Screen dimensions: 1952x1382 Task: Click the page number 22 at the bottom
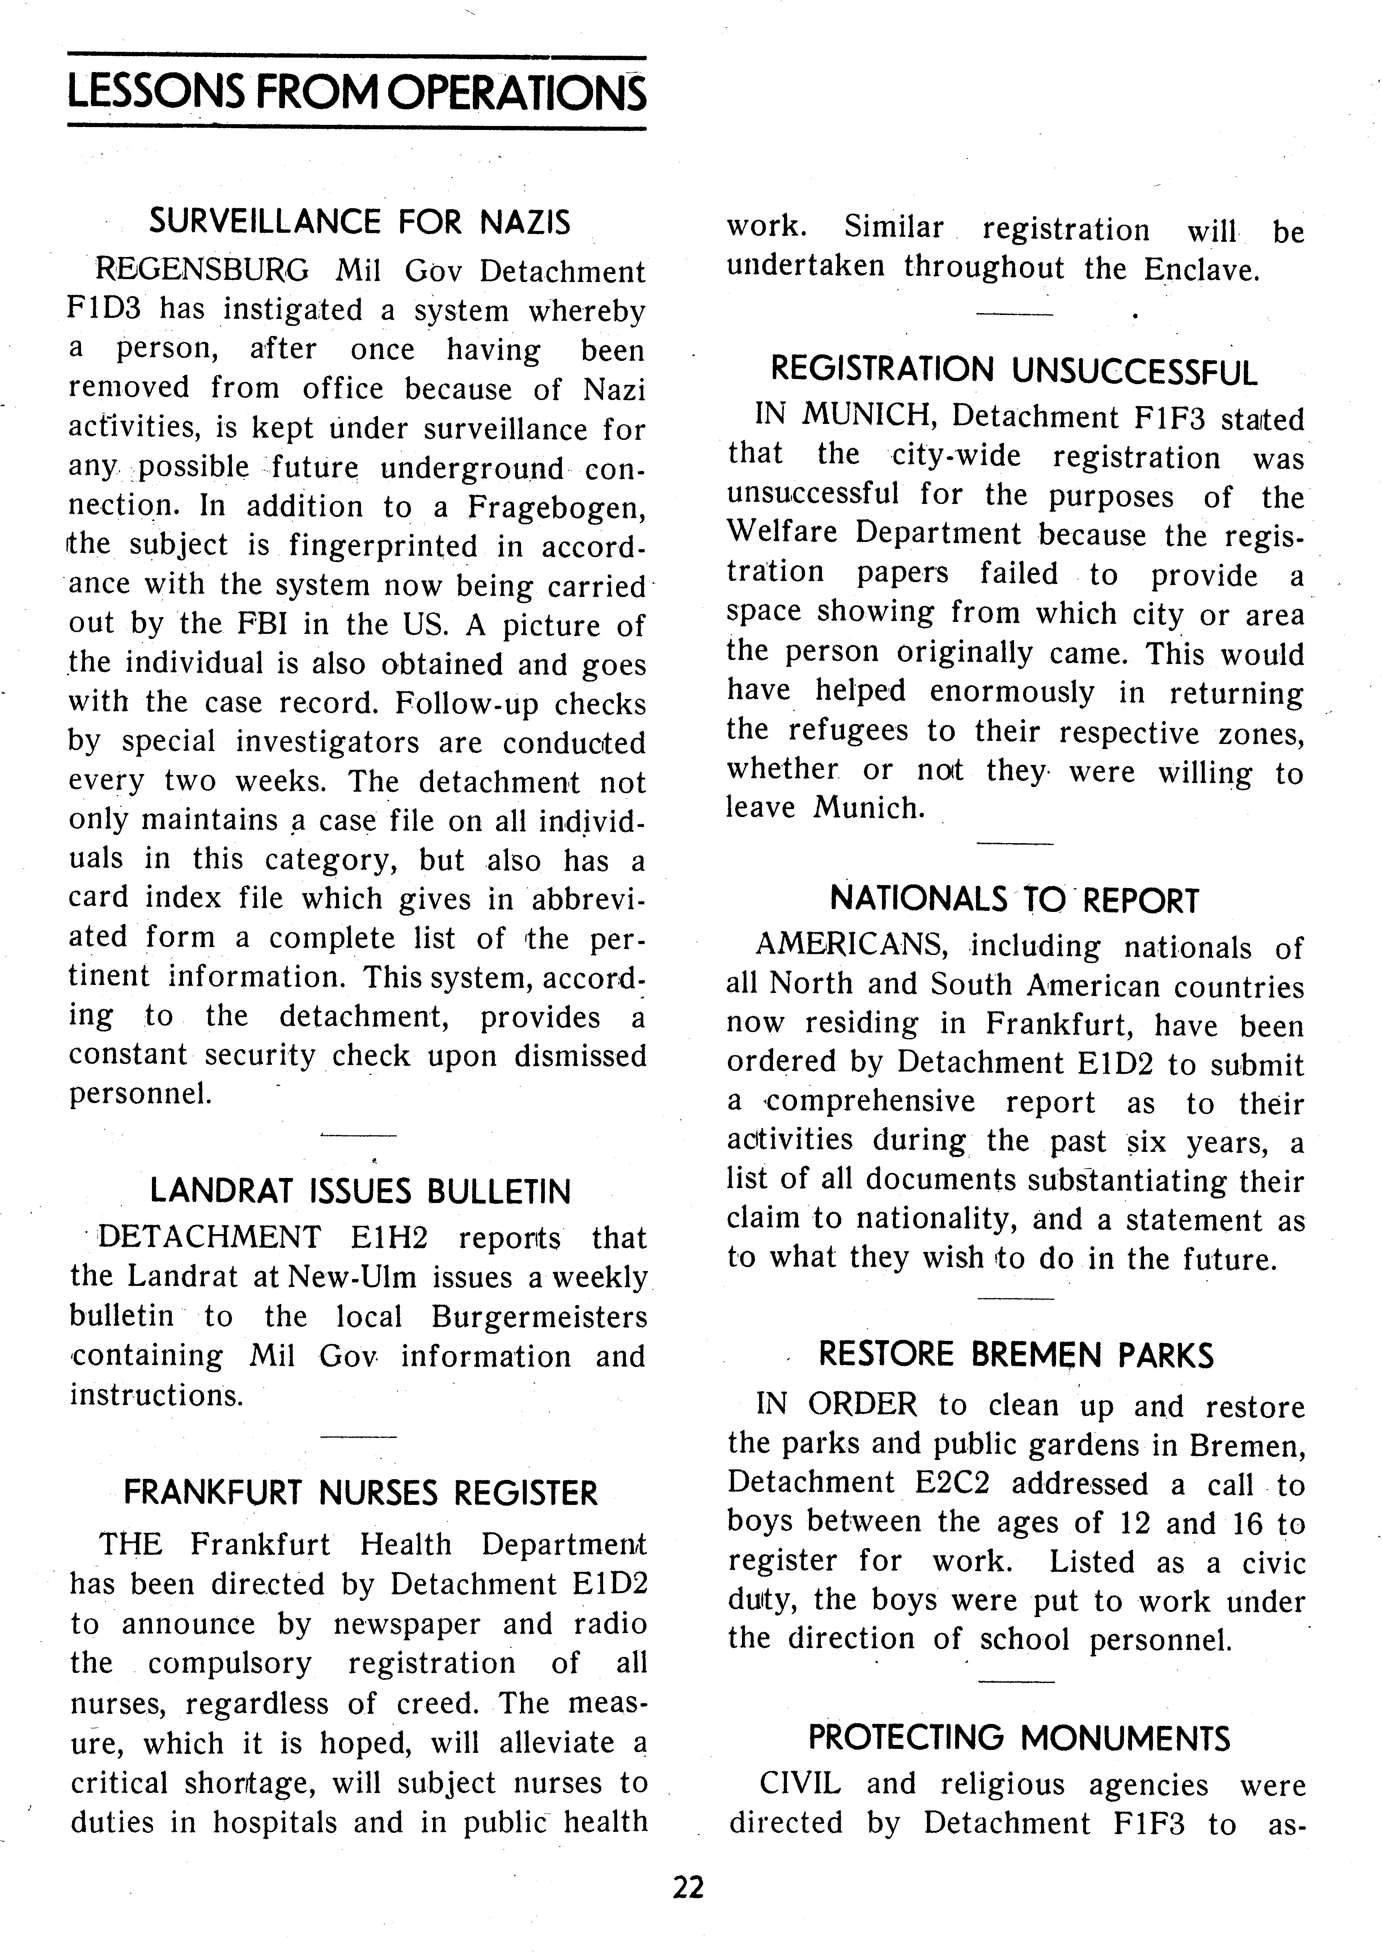point(688,1888)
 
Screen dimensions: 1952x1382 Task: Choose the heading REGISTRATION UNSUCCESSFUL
point(1013,371)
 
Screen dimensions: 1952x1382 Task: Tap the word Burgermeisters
point(539,1317)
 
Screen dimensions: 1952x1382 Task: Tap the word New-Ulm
point(355,1277)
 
